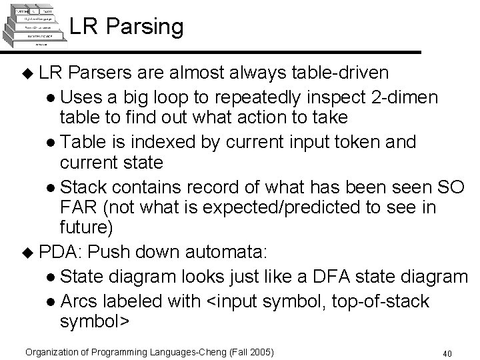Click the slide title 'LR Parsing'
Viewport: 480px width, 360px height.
pyautogui.click(x=125, y=27)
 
